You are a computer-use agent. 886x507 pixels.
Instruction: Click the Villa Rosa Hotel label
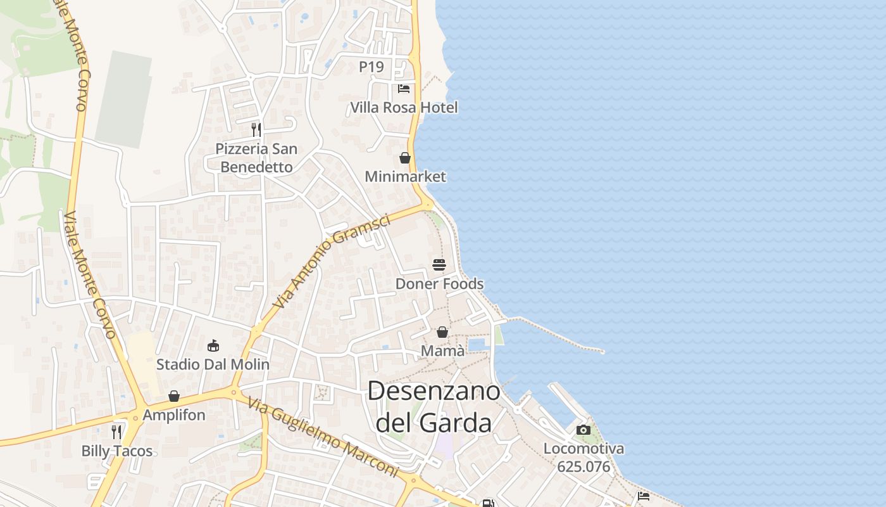(404, 108)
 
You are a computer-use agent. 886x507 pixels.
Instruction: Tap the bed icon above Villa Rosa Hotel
(404, 89)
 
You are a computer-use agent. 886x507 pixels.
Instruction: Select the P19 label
(371, 67)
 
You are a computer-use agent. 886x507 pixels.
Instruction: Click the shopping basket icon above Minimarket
(405, 158)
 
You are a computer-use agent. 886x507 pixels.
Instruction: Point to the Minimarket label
(406, 177)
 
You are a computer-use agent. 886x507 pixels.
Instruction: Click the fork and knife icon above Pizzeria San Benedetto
(256, 130)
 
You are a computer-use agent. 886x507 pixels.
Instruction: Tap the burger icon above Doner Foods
(439, 264)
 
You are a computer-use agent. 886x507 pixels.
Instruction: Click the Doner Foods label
(439, 284)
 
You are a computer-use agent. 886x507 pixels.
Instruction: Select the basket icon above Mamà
(442, 332)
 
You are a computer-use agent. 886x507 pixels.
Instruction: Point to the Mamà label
(442, 351)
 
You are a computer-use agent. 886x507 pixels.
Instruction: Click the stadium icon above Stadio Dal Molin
(213, 346)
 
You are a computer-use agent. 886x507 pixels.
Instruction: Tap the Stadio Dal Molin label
(213, 365)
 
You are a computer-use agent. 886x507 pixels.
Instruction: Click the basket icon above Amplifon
(174, 397)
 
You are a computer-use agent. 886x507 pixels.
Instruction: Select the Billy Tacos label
(117, 451)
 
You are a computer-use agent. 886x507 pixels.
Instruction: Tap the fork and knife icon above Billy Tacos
(116, 432)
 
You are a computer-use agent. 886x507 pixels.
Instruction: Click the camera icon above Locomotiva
(583, 430)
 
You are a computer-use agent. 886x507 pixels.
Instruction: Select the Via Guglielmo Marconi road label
(323, 437)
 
